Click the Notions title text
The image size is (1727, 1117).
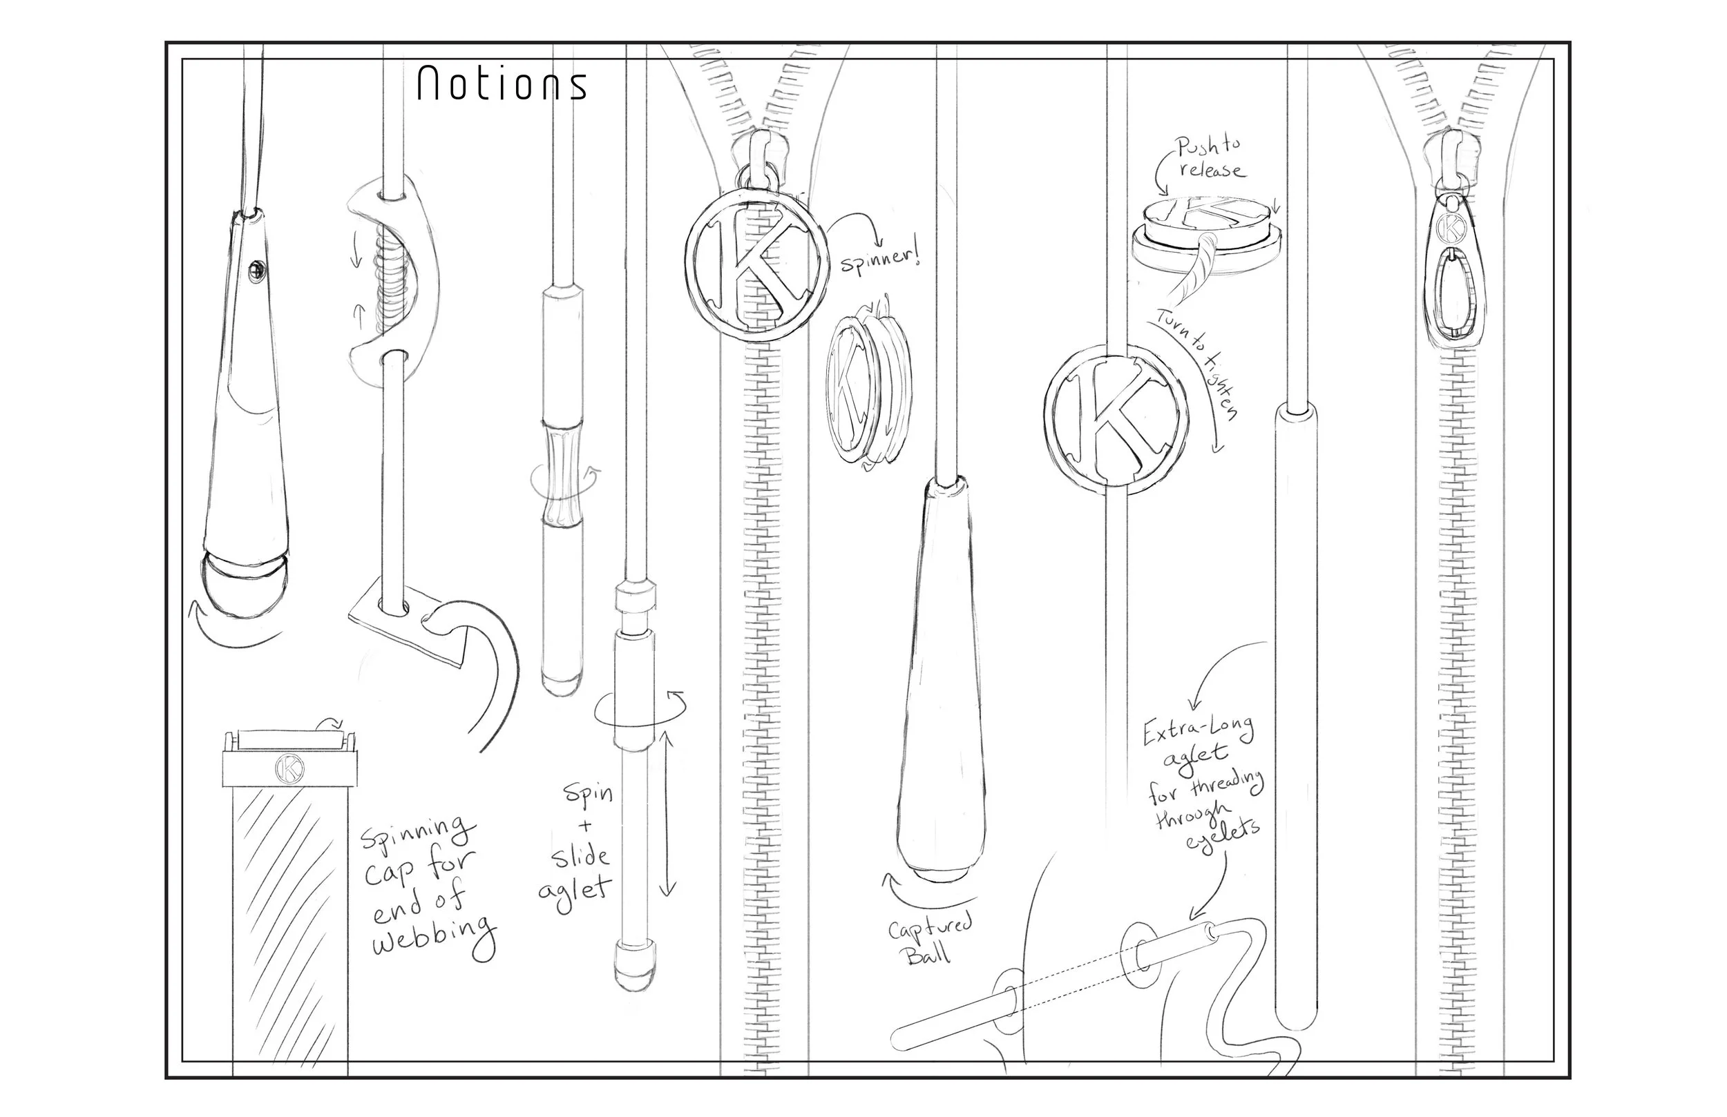click(502, 84)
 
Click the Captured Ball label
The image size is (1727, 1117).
click(931, 939)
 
